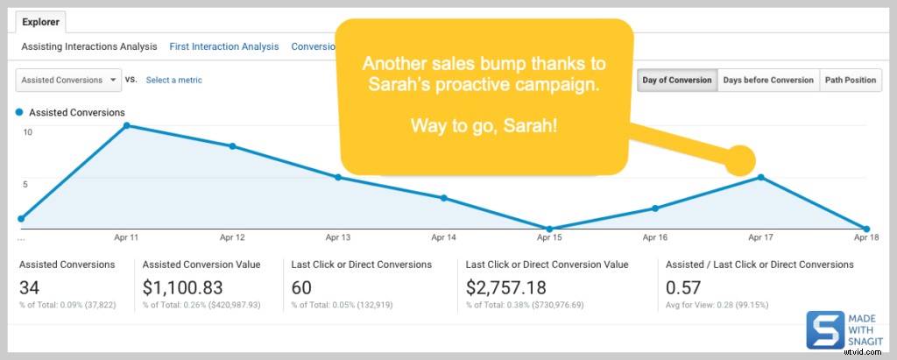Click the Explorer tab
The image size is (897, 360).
point(41,22)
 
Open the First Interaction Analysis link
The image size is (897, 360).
point(224,46)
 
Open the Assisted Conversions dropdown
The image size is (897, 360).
point(69,80)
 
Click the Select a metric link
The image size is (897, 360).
point(173,80)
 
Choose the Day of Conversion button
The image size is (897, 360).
point(677,80)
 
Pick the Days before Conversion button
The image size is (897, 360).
point(768,80)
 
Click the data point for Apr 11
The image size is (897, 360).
point(127,125)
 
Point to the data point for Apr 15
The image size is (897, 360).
point(549,229)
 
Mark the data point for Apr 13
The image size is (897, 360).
point(338,177)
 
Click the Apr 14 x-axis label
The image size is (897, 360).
point(444,237)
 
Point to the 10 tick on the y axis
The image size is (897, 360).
point(28,132)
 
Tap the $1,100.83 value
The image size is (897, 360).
point(182,286)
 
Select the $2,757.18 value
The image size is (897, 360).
point(505,286)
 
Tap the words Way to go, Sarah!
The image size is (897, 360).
point(484,125)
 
